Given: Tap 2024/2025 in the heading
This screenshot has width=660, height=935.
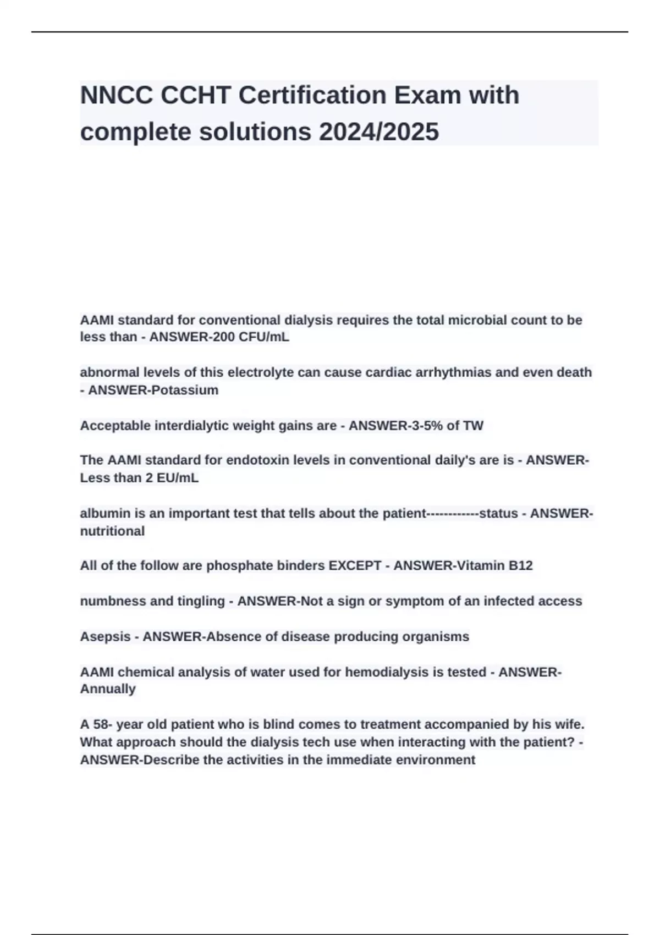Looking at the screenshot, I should (379, 132).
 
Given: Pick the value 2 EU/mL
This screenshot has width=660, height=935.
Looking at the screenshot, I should (172, 478).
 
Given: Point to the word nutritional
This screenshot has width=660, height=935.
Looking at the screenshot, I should (113, 531).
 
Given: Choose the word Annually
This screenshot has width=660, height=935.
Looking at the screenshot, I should (108, 689).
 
